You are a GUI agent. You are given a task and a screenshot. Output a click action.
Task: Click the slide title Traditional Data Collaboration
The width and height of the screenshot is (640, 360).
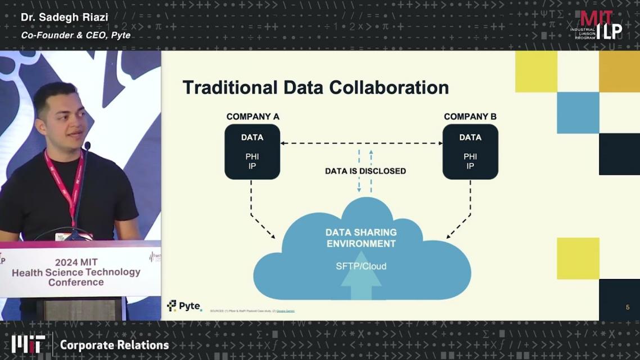tap(316, 88)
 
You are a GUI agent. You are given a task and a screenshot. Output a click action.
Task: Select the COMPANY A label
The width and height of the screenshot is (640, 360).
tap(253, 117)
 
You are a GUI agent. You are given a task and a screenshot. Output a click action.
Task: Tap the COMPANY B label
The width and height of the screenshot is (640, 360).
tap(470, 117)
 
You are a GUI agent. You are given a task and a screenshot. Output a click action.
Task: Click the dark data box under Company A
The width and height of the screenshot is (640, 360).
tap(253, 152)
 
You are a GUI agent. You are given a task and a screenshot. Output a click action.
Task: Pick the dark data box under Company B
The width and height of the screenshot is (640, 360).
tap(470, 152)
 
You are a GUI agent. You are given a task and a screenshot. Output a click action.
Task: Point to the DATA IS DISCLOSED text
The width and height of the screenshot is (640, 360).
tap(365, 171)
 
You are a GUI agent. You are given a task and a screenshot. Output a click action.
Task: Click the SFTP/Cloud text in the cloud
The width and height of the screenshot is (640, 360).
tap(361, 266)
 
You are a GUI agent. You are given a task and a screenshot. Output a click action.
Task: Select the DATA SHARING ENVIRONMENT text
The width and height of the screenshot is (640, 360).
tap(361, 238)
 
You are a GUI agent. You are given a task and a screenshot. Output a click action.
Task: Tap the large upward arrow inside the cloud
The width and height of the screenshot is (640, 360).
tap(361, 284)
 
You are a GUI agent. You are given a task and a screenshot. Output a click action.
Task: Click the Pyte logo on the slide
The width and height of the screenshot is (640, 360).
tap(184, 306)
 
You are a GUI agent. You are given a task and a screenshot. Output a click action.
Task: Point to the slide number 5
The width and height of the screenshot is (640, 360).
tap(628, 307)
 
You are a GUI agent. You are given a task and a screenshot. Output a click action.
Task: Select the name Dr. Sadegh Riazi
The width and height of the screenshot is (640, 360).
tap(64, 17)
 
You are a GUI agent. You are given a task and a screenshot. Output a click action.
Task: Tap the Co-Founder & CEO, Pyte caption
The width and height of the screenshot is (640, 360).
tap(75, 35)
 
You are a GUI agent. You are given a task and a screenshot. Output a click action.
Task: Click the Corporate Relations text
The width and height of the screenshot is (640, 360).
tap(114, 345)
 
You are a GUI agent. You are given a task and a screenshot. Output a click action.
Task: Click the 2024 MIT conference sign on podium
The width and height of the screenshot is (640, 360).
tap(76, 272)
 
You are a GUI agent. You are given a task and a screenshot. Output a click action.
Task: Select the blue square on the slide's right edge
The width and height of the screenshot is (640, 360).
tap(578, 113)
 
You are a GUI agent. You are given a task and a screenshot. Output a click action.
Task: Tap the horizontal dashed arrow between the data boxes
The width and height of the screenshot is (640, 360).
tap(361, 143)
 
